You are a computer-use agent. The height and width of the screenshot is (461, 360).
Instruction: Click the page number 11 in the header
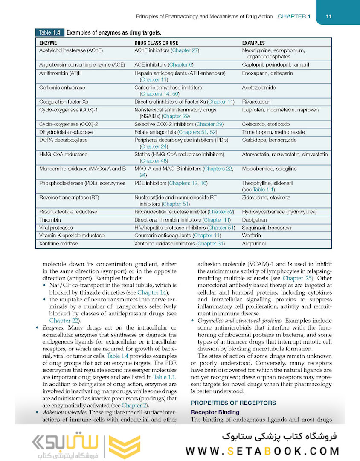[328, 16]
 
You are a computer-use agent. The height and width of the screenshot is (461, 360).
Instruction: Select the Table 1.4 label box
[50, 32]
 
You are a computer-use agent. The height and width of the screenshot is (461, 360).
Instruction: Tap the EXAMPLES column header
[253, 43]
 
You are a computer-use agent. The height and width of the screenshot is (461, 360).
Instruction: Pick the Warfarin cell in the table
[252, 236]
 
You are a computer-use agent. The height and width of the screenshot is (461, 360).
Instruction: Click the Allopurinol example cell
[254, 244]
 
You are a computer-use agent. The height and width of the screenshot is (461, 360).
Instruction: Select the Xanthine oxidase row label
[58, 244]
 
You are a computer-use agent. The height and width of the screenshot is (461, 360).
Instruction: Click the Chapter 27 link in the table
[185, 50]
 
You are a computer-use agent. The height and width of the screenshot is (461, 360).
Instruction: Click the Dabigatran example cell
[255, 220]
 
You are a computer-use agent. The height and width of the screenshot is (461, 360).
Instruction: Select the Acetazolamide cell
[258, 88]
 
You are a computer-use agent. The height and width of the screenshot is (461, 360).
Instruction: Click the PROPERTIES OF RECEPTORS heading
[233, 403]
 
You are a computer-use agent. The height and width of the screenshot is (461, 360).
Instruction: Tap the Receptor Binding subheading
[215, 412]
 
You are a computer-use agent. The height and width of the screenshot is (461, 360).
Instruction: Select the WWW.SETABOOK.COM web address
[262, 451]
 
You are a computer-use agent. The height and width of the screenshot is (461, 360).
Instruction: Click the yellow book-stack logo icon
[124, 447]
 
